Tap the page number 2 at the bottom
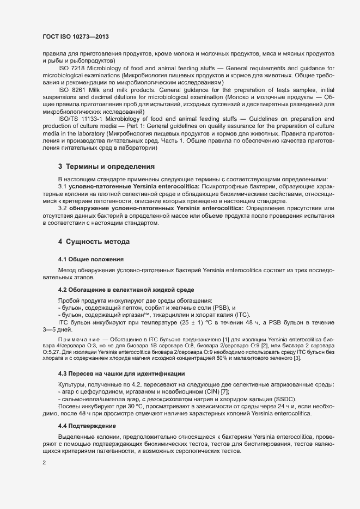point(44,463)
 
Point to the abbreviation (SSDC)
point(282,399)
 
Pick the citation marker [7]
point(224,392)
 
